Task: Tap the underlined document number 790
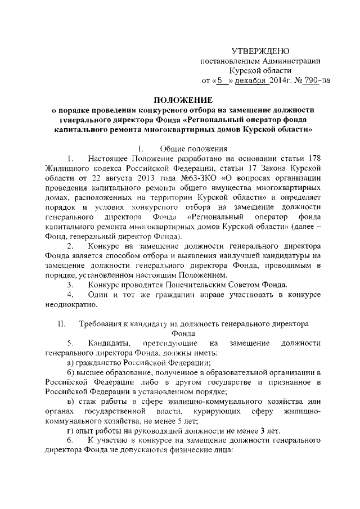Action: click(x=308, y=80)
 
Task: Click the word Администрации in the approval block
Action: click(x=292, y=61)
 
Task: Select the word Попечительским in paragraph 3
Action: click(x=190, y=285)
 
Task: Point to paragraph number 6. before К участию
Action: click(x=70, y=440)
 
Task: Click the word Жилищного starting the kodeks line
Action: click(x=65, y=168)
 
